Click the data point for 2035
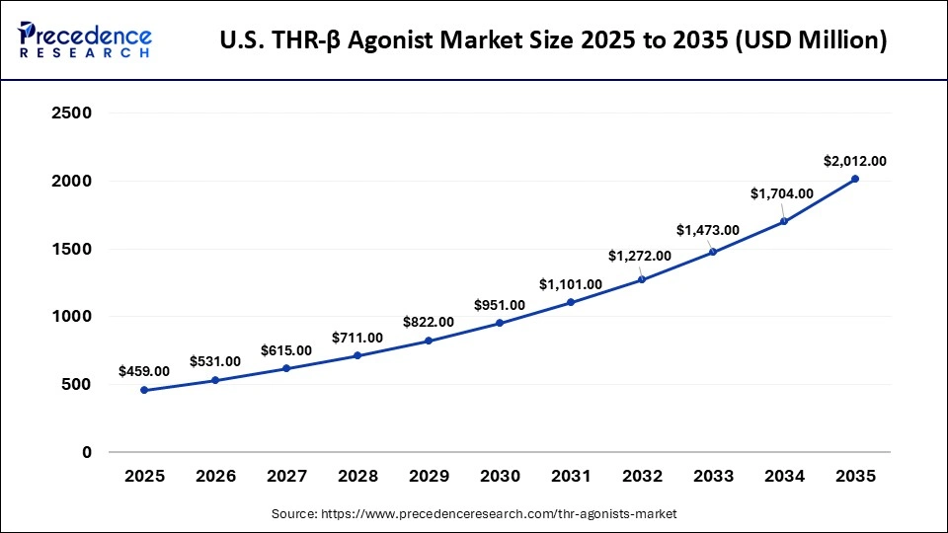[855, 179]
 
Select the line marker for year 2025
[144, 390]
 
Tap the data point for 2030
[500, 323]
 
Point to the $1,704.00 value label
[781, 193]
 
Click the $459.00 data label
[144, 371]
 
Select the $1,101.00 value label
[570, 284]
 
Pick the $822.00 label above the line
[429, 322]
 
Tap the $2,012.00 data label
[855, 161]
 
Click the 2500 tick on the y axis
[71, 114]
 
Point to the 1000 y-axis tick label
[71, 317]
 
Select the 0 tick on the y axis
[86, 452]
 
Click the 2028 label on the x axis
[357, 476]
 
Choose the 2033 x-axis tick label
[713, 476]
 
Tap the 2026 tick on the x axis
[215, 476]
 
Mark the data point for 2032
[642, 279]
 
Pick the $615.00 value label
[286, 350]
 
